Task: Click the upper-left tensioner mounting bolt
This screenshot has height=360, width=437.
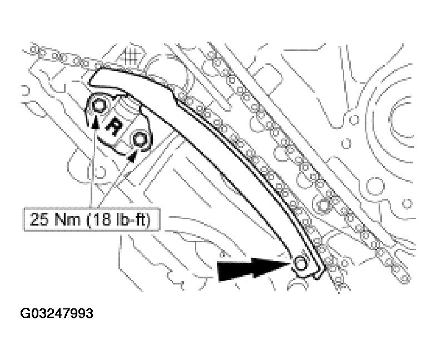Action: click(100, 105)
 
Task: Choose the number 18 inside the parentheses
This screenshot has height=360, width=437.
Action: click(105, 220)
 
